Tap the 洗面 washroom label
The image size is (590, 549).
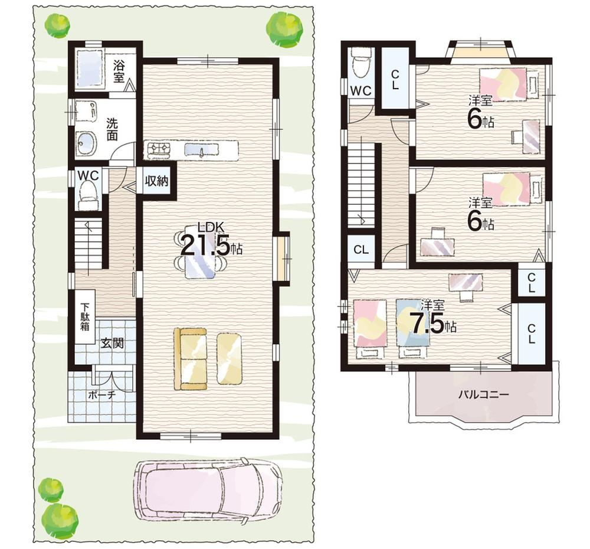[x=112, y=129]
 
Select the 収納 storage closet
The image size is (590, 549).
[x=156, y=181]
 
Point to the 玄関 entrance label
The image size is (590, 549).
[x=113, y=344]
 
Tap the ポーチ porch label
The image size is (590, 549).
[x=101, y=396]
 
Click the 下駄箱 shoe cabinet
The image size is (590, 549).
[x=85, y=316]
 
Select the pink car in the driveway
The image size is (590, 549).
[x=208, y=491]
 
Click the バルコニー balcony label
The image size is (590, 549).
[x=484, y=394]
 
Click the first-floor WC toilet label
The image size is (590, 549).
[x=88, y=175]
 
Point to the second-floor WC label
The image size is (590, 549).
[x=361, y=91]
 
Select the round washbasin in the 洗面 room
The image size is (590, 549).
[x=86, y=143]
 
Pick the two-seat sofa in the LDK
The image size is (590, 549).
[x=191, y=359]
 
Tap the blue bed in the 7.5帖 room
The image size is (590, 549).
[x=413, y=328]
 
